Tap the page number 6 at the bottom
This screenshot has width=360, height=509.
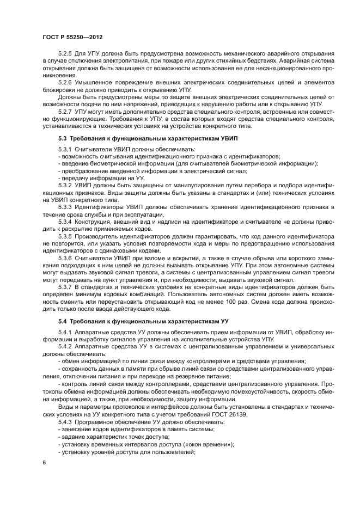(x=44, y=462)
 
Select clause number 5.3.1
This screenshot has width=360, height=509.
(x=66, y=149)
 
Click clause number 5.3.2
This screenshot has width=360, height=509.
(x=66, y=186)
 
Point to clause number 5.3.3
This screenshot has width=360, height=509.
(x=66, y=207)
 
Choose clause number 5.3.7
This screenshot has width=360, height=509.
(x=66, y=286)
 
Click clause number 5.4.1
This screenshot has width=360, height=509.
(x=66, y=332)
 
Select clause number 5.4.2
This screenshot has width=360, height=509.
(x=66, y=346)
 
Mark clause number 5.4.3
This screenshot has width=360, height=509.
(x=66, y=422)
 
